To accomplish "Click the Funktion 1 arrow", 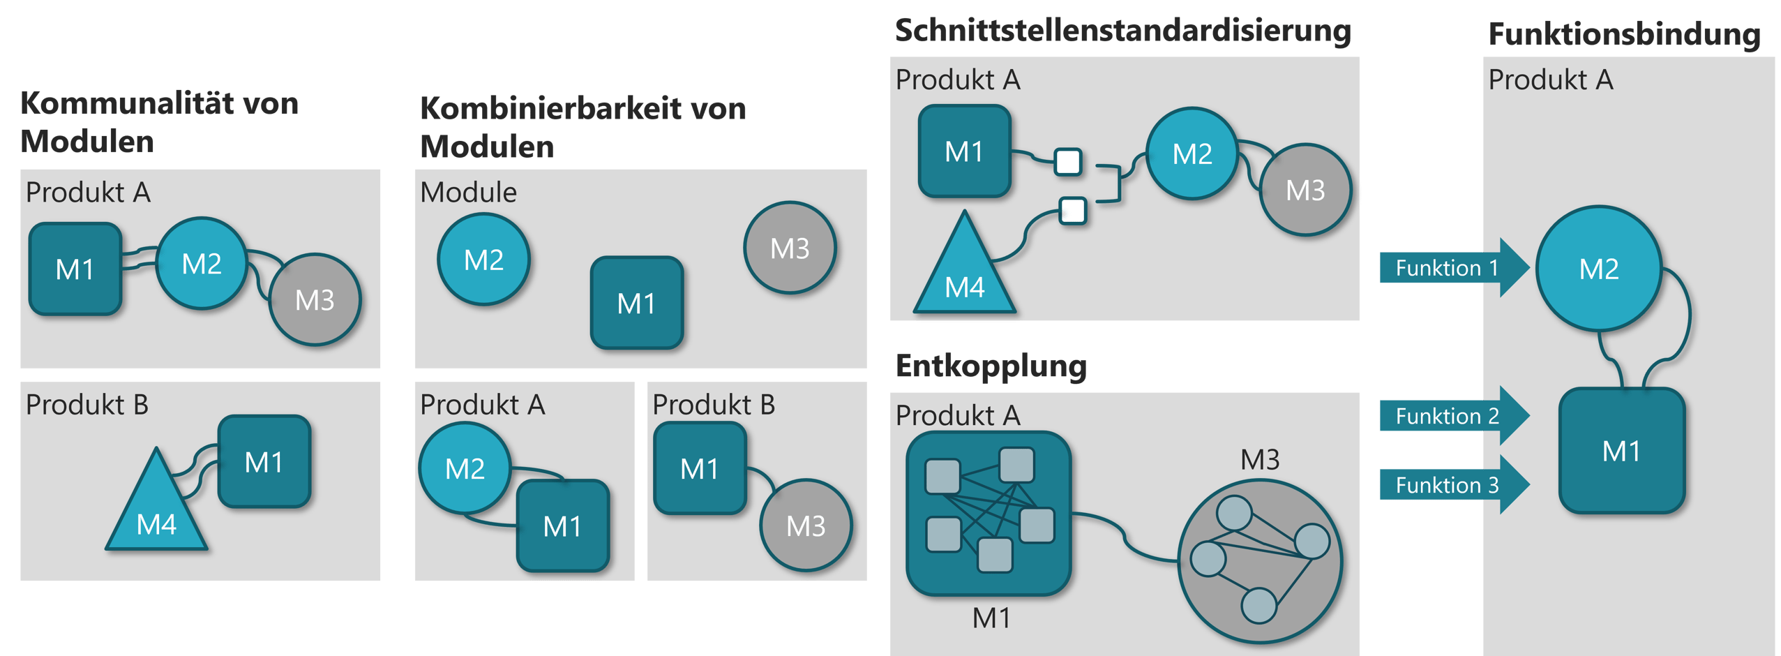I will (1451, 268).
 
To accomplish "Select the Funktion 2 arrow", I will (1451, 416).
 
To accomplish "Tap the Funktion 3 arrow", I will (1451, 485).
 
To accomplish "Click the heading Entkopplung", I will (991, 366).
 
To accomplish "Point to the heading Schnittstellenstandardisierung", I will (1122, 31).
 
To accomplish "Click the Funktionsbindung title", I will (1624, 34).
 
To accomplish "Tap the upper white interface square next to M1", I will (1068, 161).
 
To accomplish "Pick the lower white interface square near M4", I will (1073, 210).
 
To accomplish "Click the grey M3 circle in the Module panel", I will (790, 248).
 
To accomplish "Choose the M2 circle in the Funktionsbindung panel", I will (1598, 269).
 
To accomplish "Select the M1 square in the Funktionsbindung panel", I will (1621, 451).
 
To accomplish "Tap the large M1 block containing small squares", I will (989, 514).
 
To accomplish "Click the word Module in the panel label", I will (468, 192).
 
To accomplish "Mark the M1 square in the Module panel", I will (636, 303).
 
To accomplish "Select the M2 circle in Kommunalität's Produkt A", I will (202, 263).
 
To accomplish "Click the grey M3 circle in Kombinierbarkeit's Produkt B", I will (806, 525).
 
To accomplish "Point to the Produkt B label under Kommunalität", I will (87, 405).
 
